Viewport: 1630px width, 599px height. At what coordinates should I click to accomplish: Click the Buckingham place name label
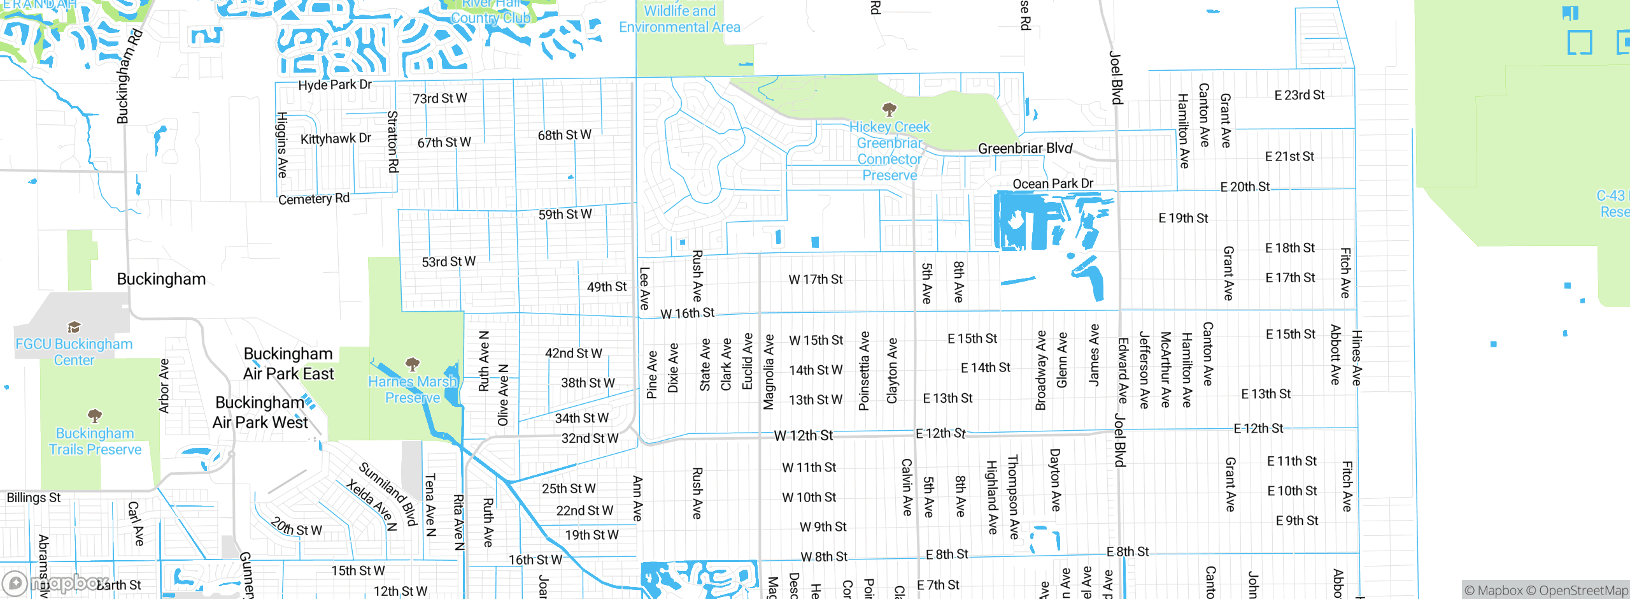tap(161, 279)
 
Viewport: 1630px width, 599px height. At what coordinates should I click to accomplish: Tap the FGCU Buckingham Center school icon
tap(74, 328)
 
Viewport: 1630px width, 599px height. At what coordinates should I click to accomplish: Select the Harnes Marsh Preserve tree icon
tap(413, 364)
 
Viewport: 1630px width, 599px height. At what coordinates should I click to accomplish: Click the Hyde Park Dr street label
tap(335, 85)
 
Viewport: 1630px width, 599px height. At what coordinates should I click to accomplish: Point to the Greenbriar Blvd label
tap(1025, 148)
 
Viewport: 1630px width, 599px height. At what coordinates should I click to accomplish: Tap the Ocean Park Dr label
tap(1052, 184)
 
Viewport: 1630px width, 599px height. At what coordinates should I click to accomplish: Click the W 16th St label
tap(687, 314)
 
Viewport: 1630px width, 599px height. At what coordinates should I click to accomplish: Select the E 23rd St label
tap(1299, 96)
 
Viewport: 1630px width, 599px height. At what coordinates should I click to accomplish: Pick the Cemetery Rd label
tap(314, 199)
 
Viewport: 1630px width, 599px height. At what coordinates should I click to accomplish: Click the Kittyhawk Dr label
tap(336, 139)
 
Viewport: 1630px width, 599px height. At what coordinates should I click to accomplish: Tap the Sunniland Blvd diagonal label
tap(388, 494)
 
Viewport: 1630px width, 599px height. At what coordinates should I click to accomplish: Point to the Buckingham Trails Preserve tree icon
tap(95, 416)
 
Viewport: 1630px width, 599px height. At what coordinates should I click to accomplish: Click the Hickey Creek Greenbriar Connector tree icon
tap(889, 110)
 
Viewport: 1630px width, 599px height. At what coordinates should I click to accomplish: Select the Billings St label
tap(34, 498)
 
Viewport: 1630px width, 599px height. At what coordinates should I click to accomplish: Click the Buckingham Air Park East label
tap(288, 364)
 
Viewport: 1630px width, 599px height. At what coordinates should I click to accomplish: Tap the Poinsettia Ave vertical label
tap(864, 371)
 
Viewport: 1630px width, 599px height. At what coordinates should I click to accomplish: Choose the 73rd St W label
tap(439, 99)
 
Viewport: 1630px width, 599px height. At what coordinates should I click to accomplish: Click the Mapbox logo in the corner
tap(54, 583)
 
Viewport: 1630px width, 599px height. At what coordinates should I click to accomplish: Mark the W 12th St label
tap(803, 436)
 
